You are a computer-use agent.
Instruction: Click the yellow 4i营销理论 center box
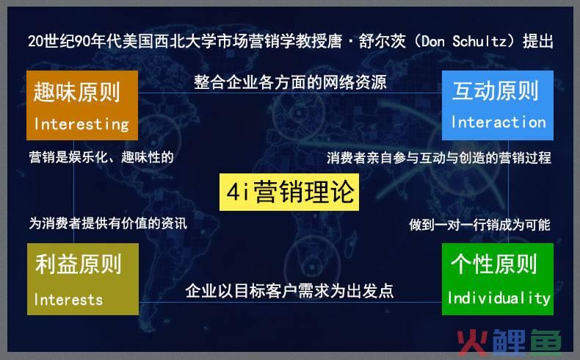pos(289,193)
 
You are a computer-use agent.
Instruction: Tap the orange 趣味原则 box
pos(81,104)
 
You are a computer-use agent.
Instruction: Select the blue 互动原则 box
pos(498,104)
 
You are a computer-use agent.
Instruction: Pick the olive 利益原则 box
pos(81,279)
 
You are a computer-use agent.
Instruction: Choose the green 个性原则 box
pos(498,279)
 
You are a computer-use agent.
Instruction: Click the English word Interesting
pos(81,123)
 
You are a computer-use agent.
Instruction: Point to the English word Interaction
pos(498,122)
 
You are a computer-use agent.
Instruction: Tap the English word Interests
pos(68,299)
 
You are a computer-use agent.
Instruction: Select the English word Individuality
pos(499,298)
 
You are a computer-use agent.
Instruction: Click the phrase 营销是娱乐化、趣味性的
pos(101,157)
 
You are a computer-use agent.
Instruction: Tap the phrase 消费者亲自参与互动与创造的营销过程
pos(439,158)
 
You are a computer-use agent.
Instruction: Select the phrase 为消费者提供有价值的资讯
pos(108,223)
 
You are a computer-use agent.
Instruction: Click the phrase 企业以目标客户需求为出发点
pos(290,291)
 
